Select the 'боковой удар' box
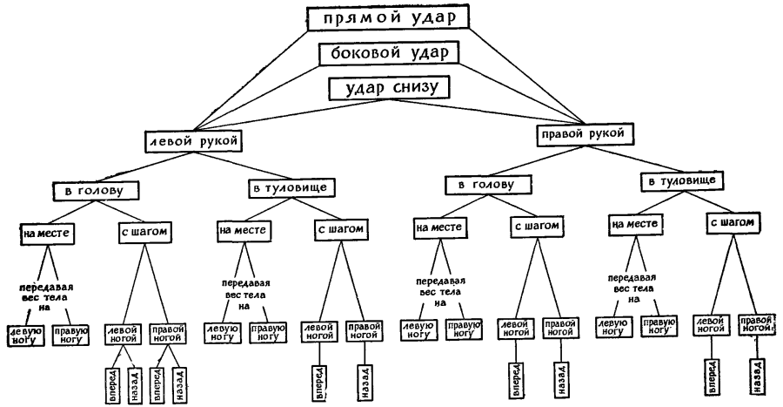388,53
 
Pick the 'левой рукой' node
192,140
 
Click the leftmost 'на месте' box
45,233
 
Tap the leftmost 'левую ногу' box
26,336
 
